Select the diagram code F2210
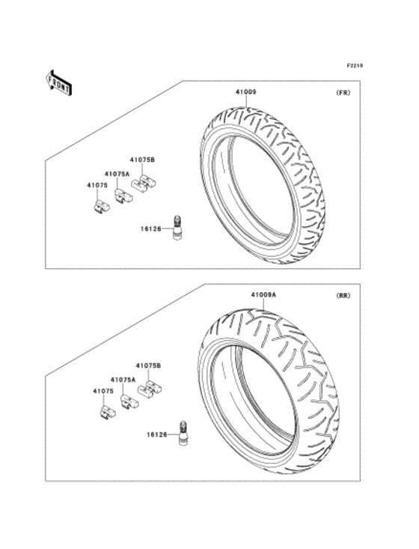click(354, 66)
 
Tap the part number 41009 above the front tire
click(246, 92)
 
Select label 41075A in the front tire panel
click(117, 173)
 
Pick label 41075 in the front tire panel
click(95, 183)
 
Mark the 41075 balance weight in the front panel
click(98, 204)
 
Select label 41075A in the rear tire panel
click(123, 380)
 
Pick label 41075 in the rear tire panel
click(103, 390)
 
